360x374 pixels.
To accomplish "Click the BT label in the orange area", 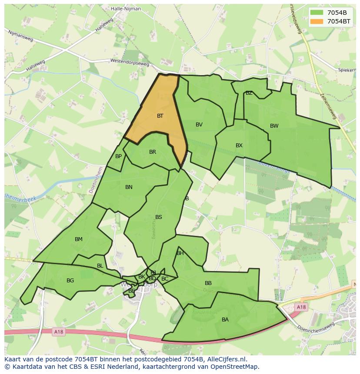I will pos(160,116).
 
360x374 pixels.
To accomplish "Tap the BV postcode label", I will pos(199,125).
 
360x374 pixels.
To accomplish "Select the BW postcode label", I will pos(274,126).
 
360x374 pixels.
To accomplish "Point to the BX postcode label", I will pos(239,146).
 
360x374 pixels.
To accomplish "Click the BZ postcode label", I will pos(249,93).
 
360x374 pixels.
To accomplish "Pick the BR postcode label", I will pos(153,152).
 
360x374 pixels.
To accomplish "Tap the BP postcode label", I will pos(118,156).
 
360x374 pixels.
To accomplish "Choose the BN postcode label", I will pos(129,187).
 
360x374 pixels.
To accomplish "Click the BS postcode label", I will pos(159,217).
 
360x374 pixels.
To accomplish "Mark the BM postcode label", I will pos(79,239).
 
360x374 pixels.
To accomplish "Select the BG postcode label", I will pos(70,281).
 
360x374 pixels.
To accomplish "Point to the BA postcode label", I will pos(225,320).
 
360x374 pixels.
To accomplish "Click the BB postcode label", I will pos(208,283).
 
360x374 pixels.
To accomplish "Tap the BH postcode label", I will pos(180,253).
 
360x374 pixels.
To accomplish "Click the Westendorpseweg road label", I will pos(130,62).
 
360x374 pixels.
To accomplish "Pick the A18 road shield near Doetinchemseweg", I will pos(301,307).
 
